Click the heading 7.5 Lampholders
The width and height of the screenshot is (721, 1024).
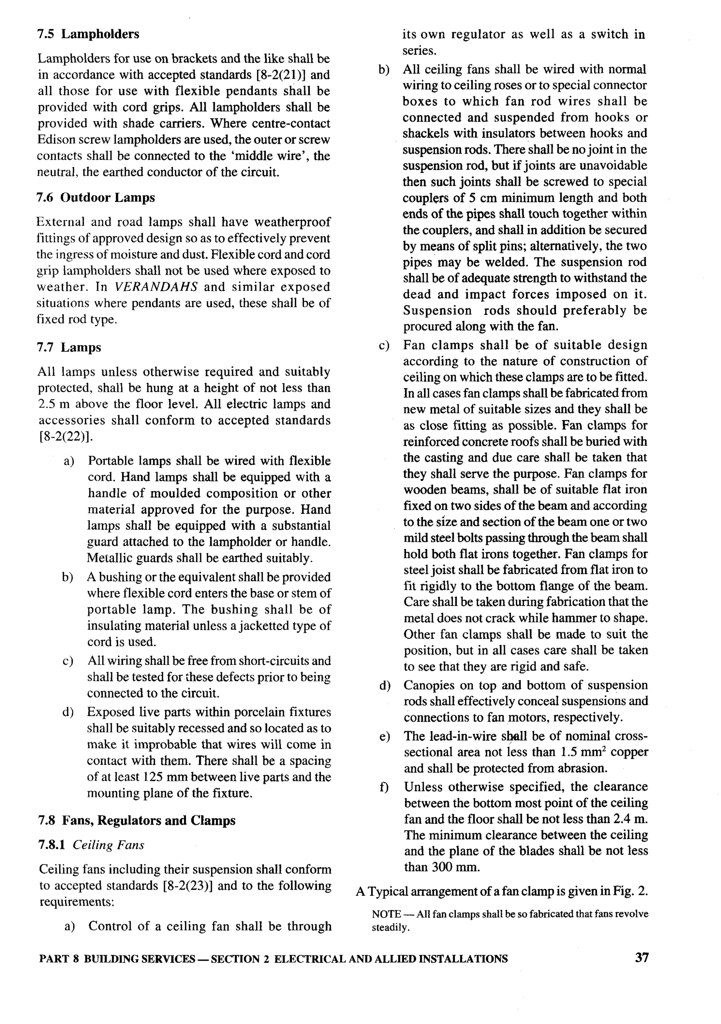(88, 34)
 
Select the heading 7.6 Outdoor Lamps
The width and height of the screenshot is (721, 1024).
(95, 198)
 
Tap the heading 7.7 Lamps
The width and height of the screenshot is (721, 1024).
(69, 347)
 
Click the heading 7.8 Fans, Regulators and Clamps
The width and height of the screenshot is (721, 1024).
(137, 821)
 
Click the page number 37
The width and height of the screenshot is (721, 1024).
(641, 958)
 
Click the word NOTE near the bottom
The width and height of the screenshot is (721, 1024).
(386, 914)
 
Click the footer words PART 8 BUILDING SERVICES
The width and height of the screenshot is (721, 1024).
(117, 959)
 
